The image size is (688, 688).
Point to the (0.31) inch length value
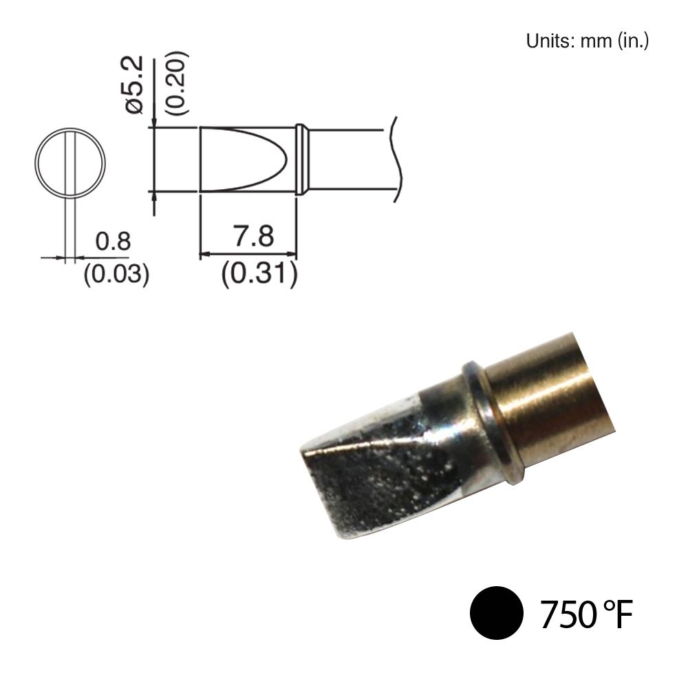(x=259, y=275)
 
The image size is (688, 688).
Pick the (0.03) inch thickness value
(x=116, y=275)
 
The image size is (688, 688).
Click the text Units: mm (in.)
(x=588, y=41)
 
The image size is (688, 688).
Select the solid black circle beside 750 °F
(x=495, y=612)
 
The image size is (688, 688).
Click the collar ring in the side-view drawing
(x=301, y=159)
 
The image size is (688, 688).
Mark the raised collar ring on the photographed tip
(x=495, y=420)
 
